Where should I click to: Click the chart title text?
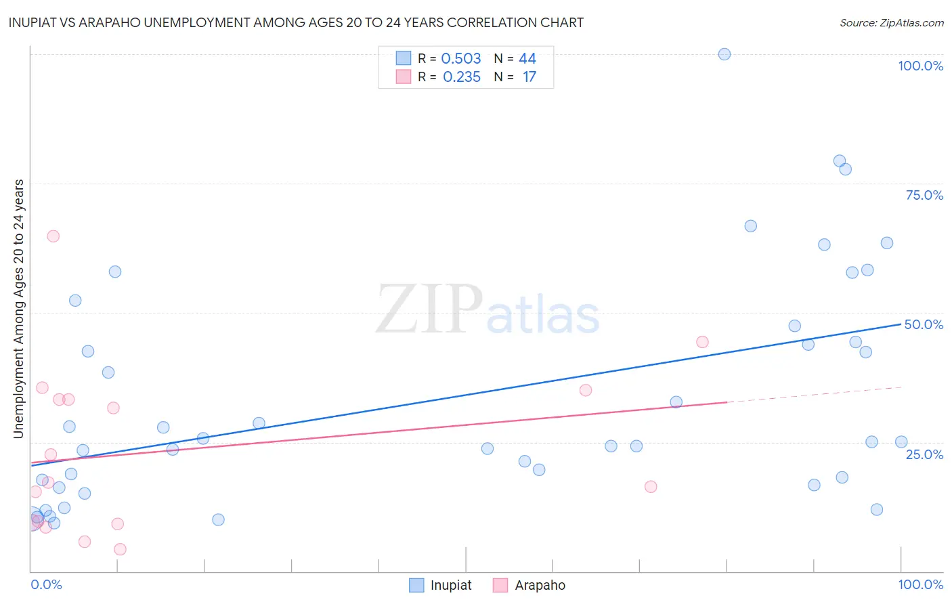296,22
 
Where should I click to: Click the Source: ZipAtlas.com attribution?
891,22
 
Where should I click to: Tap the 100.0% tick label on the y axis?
920,66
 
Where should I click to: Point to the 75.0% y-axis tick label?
924,195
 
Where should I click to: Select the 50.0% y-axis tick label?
924,324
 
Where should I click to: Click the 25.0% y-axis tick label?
924,454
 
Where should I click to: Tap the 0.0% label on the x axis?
46,584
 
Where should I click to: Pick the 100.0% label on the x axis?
920,584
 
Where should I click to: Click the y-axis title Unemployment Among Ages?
19,309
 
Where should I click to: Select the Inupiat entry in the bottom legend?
450,585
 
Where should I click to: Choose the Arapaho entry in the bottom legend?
540,585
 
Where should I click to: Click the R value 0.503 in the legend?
460,59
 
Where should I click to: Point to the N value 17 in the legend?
529,77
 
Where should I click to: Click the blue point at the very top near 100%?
724,54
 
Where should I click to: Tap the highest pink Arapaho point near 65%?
53,236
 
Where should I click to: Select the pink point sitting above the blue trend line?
702,342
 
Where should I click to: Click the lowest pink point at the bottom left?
120,549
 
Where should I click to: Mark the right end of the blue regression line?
901,324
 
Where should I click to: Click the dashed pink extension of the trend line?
813,395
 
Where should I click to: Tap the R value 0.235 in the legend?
461,77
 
